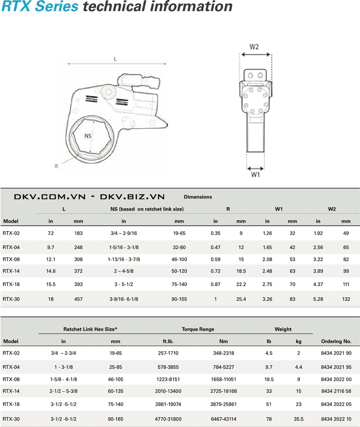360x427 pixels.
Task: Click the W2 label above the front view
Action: point(255,46)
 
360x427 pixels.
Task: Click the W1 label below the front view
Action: point(255,175)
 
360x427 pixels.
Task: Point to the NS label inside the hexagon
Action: point(89,136)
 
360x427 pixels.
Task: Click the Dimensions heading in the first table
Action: point(198,197)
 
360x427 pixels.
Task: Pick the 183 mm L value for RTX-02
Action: point(78,233)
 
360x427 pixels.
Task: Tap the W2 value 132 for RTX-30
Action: point(346,299)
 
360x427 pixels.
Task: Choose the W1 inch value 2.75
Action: point(267,284)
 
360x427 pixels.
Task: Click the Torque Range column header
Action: point(198,329)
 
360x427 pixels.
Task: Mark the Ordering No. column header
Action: point(336,341)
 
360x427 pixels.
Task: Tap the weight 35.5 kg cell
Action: point(298,419)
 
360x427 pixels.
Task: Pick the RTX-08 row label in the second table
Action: point(11,379)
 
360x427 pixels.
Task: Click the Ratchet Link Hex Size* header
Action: point(91,329)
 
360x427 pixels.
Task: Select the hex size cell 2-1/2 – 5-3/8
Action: point(63,391)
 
